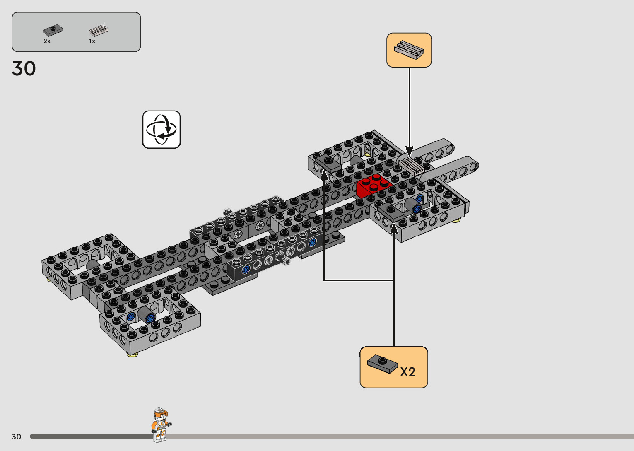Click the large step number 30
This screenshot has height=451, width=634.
(24, 68)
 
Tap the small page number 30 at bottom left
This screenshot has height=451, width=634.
(16, 437)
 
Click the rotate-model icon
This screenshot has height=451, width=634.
(162, 130)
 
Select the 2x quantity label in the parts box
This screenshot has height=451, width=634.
(47, 41)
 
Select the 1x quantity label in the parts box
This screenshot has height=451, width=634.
(92, 41)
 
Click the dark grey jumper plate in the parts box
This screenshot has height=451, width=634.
(53, 30)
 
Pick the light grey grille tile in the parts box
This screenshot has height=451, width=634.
(99, 30)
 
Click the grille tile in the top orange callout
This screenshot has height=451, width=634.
(409, 50)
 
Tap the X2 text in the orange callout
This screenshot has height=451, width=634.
(408, 372)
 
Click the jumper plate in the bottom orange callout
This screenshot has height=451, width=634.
(382, 364)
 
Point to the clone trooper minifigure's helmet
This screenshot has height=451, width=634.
(161, 413)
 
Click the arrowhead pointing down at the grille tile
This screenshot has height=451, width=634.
(409, 152)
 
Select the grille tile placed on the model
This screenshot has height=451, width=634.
(412, 166)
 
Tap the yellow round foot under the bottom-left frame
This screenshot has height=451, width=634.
(133, 354)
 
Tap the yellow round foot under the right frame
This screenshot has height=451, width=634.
(455, 220)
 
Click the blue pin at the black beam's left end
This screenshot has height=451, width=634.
(245, 270)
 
